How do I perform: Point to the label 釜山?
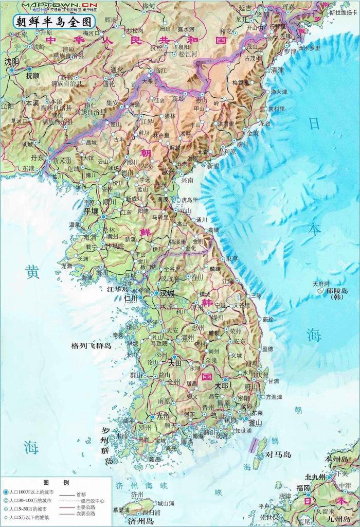[255, 422]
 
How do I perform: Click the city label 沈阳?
[11, 61]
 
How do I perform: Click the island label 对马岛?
[278, 454]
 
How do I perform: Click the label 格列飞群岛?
[91, 346]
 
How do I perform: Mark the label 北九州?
[315, 477]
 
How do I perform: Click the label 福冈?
[303, 487]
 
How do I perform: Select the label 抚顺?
[32, 75]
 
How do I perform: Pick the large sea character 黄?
[32, 272]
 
